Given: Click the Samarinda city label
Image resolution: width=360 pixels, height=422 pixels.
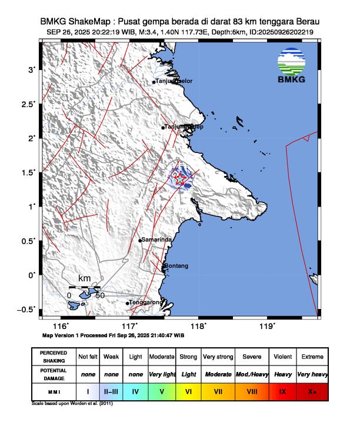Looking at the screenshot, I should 157,240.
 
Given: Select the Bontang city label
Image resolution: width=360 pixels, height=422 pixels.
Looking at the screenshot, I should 177,266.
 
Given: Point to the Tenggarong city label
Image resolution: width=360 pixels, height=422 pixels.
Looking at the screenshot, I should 145,303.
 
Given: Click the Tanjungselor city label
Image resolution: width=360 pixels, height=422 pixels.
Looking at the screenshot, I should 174,81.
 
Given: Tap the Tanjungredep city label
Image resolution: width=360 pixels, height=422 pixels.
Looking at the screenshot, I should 184,127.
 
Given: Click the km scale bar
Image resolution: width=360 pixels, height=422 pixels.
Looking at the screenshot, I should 85,288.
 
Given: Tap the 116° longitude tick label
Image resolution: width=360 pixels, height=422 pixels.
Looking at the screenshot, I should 61,325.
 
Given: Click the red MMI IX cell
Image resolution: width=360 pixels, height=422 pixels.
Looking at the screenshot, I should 282,390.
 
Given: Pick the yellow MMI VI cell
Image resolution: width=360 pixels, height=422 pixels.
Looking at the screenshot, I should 188,390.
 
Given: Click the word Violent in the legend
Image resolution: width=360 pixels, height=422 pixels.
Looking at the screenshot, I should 282,357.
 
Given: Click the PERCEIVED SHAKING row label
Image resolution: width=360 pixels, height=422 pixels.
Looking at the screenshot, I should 54,357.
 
